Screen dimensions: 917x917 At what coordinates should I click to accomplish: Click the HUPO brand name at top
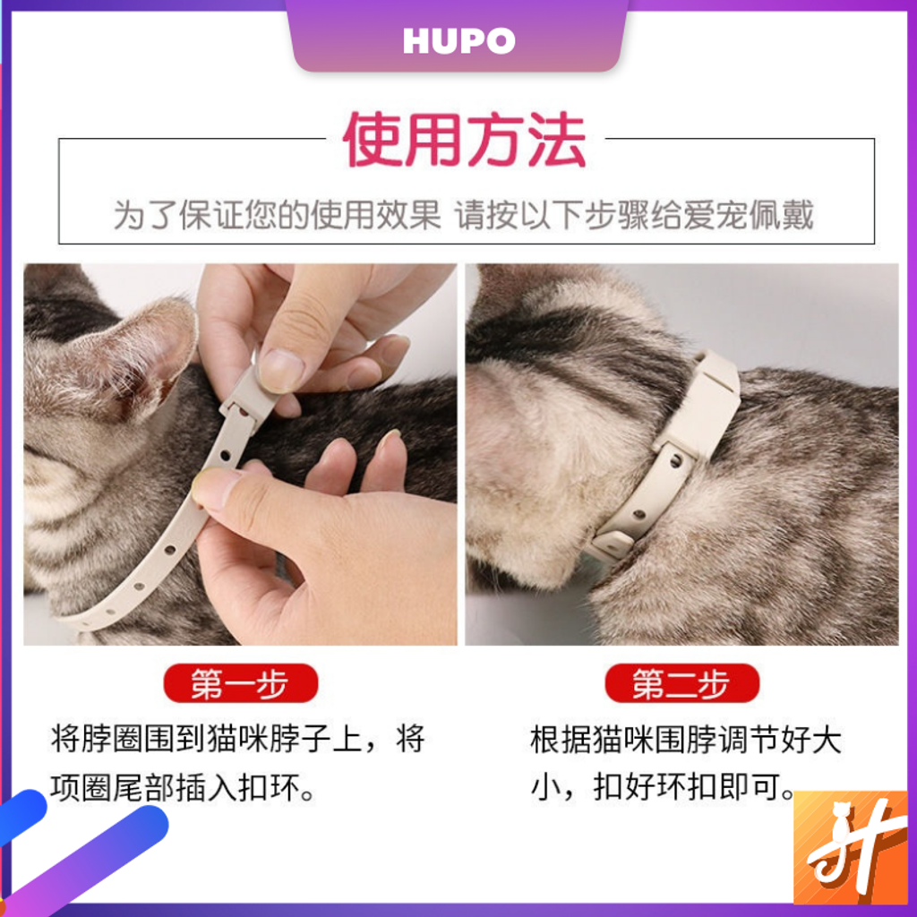[x=459, y=41]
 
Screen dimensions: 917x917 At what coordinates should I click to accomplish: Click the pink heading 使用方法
[x=465, y=140]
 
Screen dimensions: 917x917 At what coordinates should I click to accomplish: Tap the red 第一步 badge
[x=240, y=683]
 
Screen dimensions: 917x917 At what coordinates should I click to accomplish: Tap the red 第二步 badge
[x=681, y=683]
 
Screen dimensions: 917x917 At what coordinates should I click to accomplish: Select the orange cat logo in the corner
[x=851, y=847]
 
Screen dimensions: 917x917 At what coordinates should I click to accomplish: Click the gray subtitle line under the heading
[x=463, y=215]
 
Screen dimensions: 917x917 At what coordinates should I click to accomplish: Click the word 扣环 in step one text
[x=270, y=788]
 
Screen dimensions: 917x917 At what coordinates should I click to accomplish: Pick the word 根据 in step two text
[x=561, y=740]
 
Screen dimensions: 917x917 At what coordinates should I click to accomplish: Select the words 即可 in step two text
[x=750, y=787]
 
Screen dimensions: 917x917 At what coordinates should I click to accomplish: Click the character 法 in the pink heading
[x=557, y=141]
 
